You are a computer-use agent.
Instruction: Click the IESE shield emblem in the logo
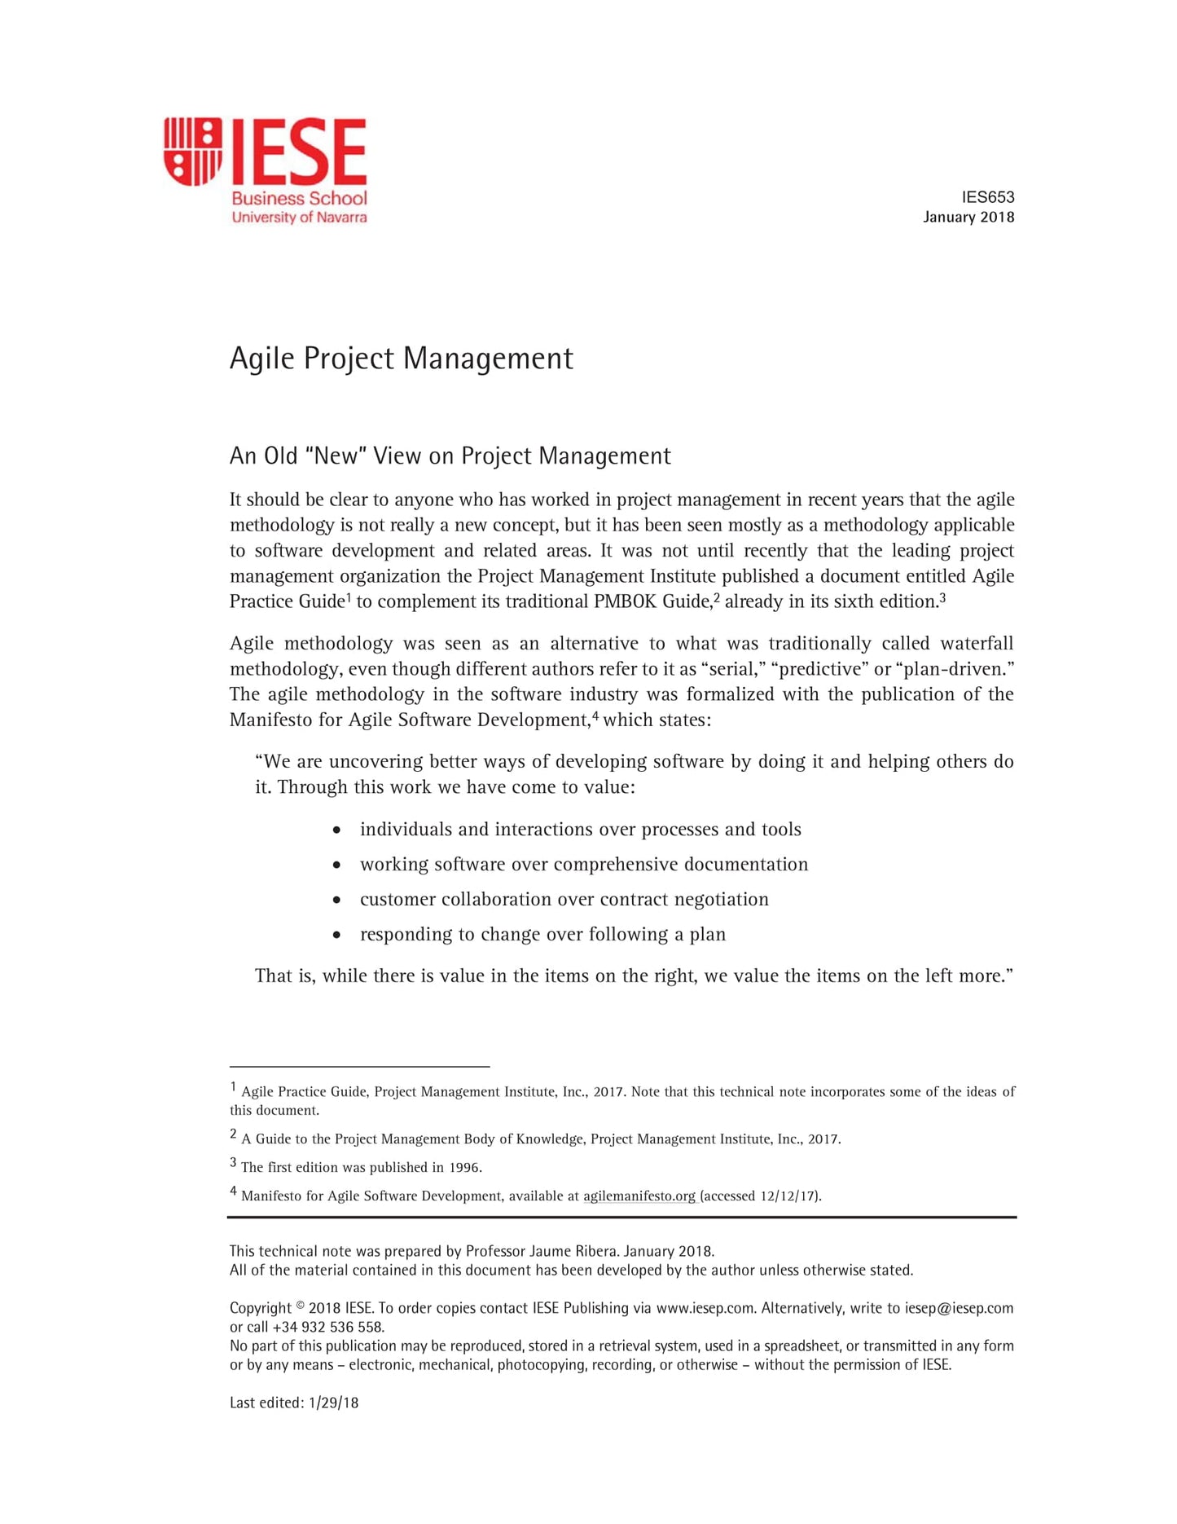tap(192, 151)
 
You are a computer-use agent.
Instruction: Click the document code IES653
tap(987, 197)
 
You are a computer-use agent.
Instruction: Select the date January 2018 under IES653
tap(968, 217)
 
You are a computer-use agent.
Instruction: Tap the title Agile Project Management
tap(401, 359)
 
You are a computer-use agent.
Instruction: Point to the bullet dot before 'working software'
tap(336, 865)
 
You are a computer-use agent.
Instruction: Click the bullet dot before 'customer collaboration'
tap(336, 900)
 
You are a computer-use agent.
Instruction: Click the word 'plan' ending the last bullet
tap(707, 935)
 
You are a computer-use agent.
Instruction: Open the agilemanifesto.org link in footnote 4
tap(639, 1196)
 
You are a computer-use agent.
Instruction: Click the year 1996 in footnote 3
tap(464, 1168)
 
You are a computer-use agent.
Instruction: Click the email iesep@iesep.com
tap(959, 1308)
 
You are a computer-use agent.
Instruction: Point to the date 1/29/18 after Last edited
tap(334, 1403)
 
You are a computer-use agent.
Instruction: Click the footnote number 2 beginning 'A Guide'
tap(233, 1134)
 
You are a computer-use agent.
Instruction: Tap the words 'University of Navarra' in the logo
tap(299, 218)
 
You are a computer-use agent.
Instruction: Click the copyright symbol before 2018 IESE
tap(300, 1306)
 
